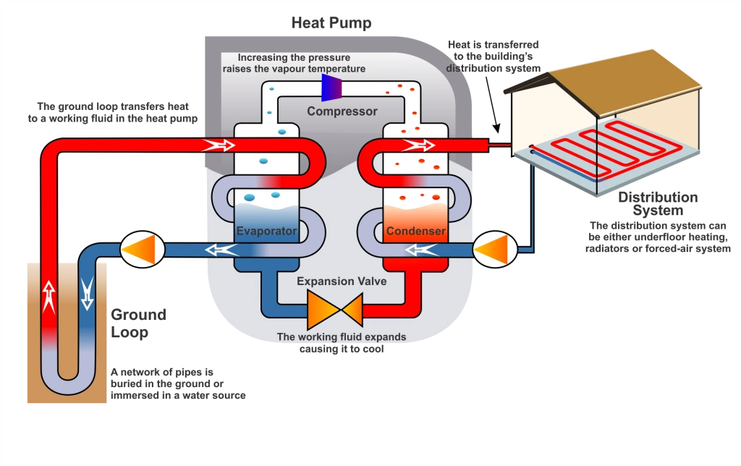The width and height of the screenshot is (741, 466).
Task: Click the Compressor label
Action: tap(342, 111)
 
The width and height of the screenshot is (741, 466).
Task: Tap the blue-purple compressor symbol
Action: tap(332, 88)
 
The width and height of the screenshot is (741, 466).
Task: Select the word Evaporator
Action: tap(266, 232)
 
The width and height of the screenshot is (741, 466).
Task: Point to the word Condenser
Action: tap(415, 232)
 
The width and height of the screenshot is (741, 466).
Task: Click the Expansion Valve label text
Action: tap(341, 281)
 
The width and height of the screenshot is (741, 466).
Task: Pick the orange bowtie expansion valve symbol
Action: tap(334, 310)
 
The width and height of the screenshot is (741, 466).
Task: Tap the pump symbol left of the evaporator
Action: tap(142, 250)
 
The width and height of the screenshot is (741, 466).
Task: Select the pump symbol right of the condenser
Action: tap(494, 250)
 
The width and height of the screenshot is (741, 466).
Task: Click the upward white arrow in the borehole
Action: tap(48, 296)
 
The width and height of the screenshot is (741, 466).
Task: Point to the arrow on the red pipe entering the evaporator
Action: tap(221, 145)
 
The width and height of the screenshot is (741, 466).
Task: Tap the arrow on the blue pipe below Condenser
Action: tap(420, 250)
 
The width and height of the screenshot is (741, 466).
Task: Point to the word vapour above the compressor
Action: tap(299, 69)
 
